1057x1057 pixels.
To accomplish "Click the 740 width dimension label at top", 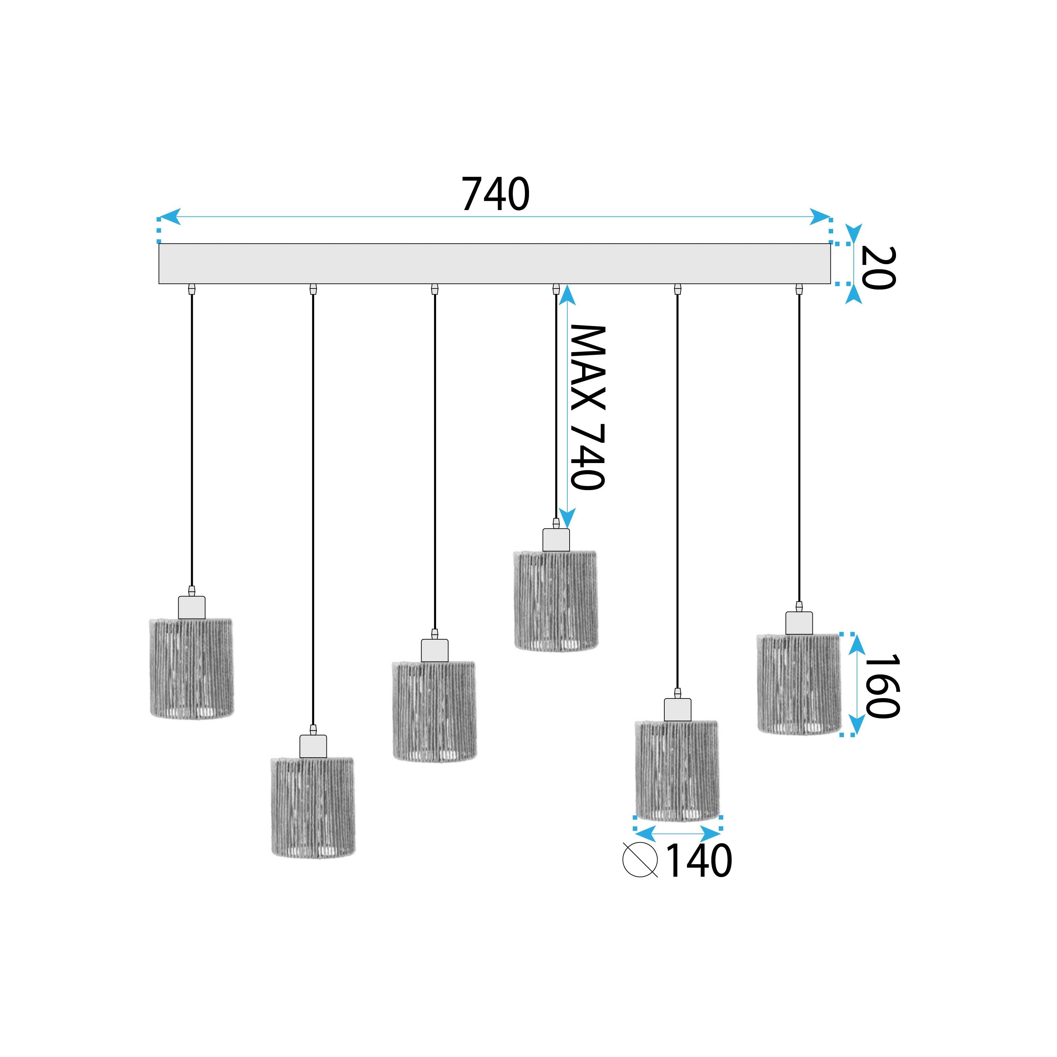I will pyautogui.click(x=495, y=194).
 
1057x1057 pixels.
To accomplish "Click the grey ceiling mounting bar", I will pyautogui.click(x=494, y=264).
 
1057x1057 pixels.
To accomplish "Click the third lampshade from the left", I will pyautogui.click(x=434, y=711).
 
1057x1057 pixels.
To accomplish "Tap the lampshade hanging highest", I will pyautogui.click(x=556, y=601).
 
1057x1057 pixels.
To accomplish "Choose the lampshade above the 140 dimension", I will pyautogui.click(x=677, y=770).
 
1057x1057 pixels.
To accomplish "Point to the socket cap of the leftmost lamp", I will pyautogui.click(x=191, y=607).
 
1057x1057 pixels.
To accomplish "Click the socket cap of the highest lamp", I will pyautogui.click(x=556, y=540).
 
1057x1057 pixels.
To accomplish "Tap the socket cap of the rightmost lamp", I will pyautogui.click(x=799, y=623).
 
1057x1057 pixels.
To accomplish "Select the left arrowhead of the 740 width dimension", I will pyautogui.click(x=169, y=217).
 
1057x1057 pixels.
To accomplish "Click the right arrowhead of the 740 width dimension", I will pyautogui.click(x=821, y=217).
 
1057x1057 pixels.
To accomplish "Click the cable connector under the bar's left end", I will pyautogui.click(x=191, y=289).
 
